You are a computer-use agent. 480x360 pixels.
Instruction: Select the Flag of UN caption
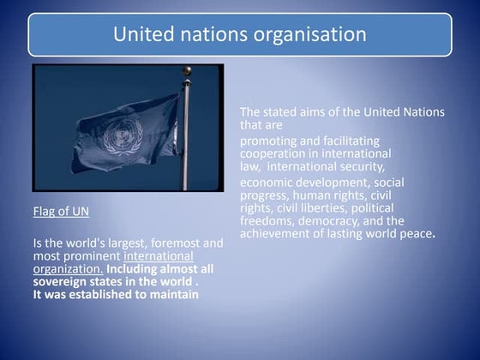[x=61, y=210]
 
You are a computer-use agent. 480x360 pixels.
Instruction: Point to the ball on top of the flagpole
[x=187, y=70]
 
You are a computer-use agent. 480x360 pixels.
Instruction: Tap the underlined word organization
[x=68, y=268]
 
